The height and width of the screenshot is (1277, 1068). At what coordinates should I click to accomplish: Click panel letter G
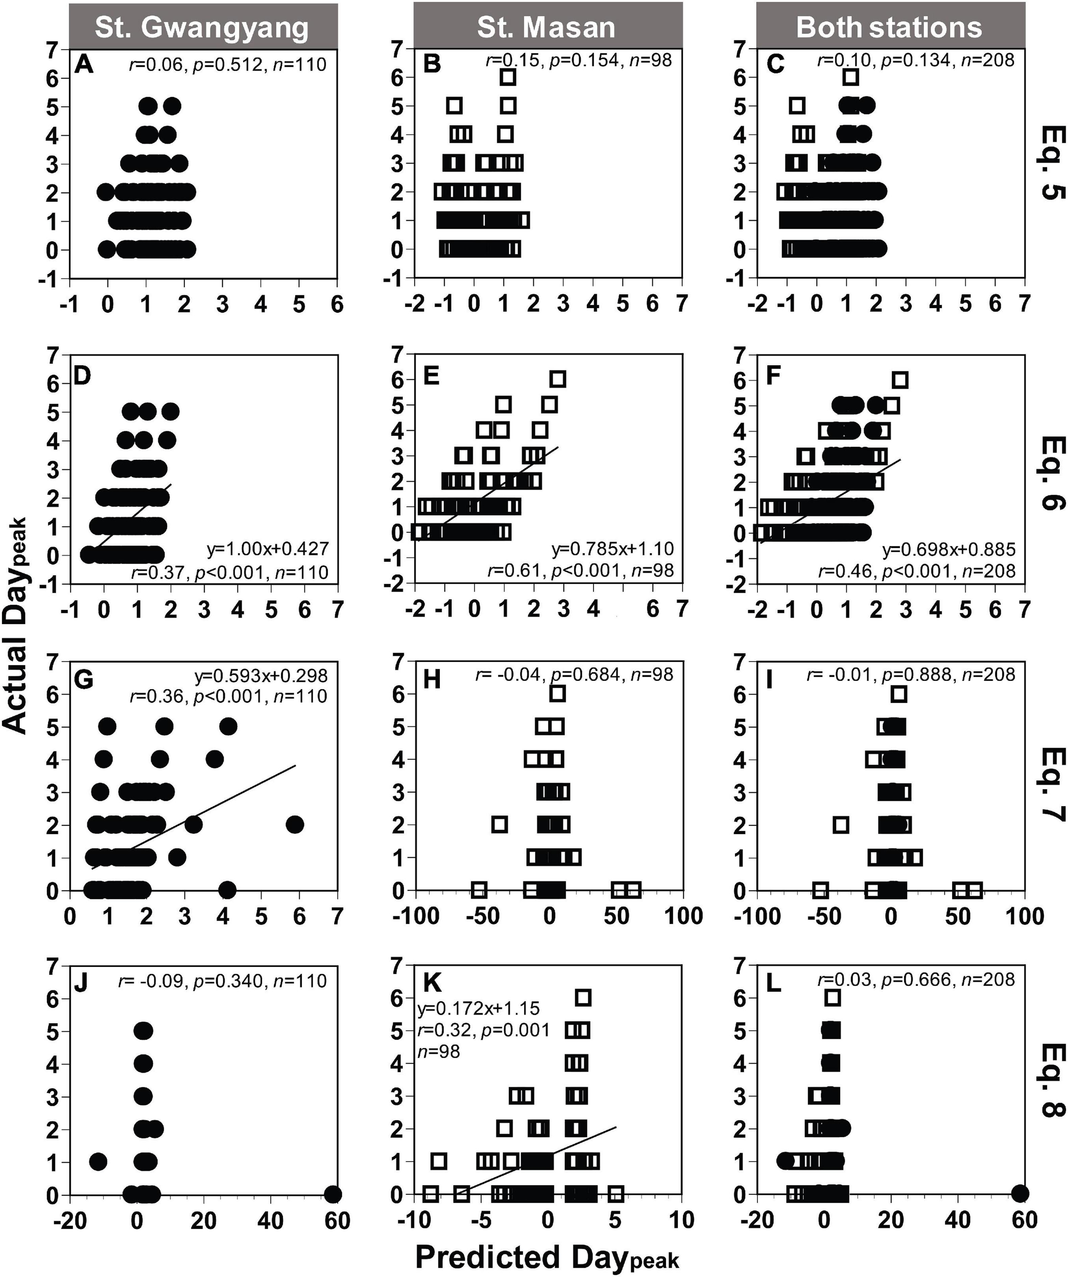pos(83,678)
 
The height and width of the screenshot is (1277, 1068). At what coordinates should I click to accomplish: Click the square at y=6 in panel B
pos(508,77)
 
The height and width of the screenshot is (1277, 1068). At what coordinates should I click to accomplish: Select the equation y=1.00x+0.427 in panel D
pos(268,549)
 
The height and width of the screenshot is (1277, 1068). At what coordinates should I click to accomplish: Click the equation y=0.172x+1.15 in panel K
pos(479,1009)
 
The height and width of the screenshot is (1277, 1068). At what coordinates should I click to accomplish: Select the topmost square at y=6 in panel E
pos(557,379)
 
